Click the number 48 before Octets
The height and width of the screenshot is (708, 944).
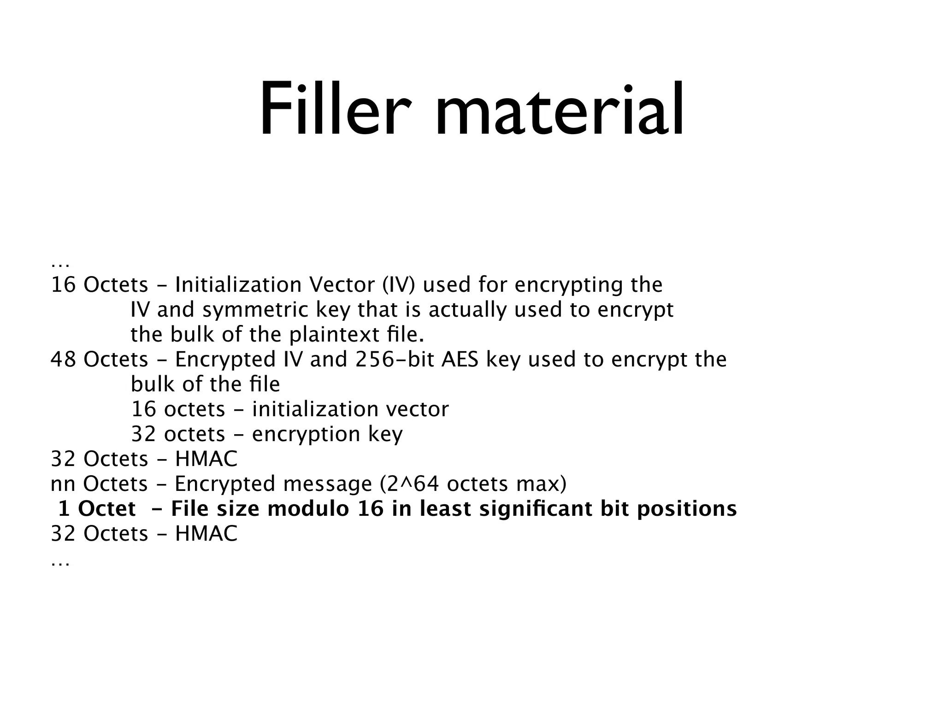pyautogui.click(x=63, y=359)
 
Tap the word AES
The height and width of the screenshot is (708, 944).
pyautogui.click(x=460, y=359)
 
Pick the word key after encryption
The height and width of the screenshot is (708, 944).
pyautogui.click(x=385, y=435)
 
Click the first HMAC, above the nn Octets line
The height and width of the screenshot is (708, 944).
pyautogui.click(x=206, y=459)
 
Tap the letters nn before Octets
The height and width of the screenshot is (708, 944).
pyautogui.click(x=63, y=484)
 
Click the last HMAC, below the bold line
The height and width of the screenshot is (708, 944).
pyautogui.click(x=206, y=534)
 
